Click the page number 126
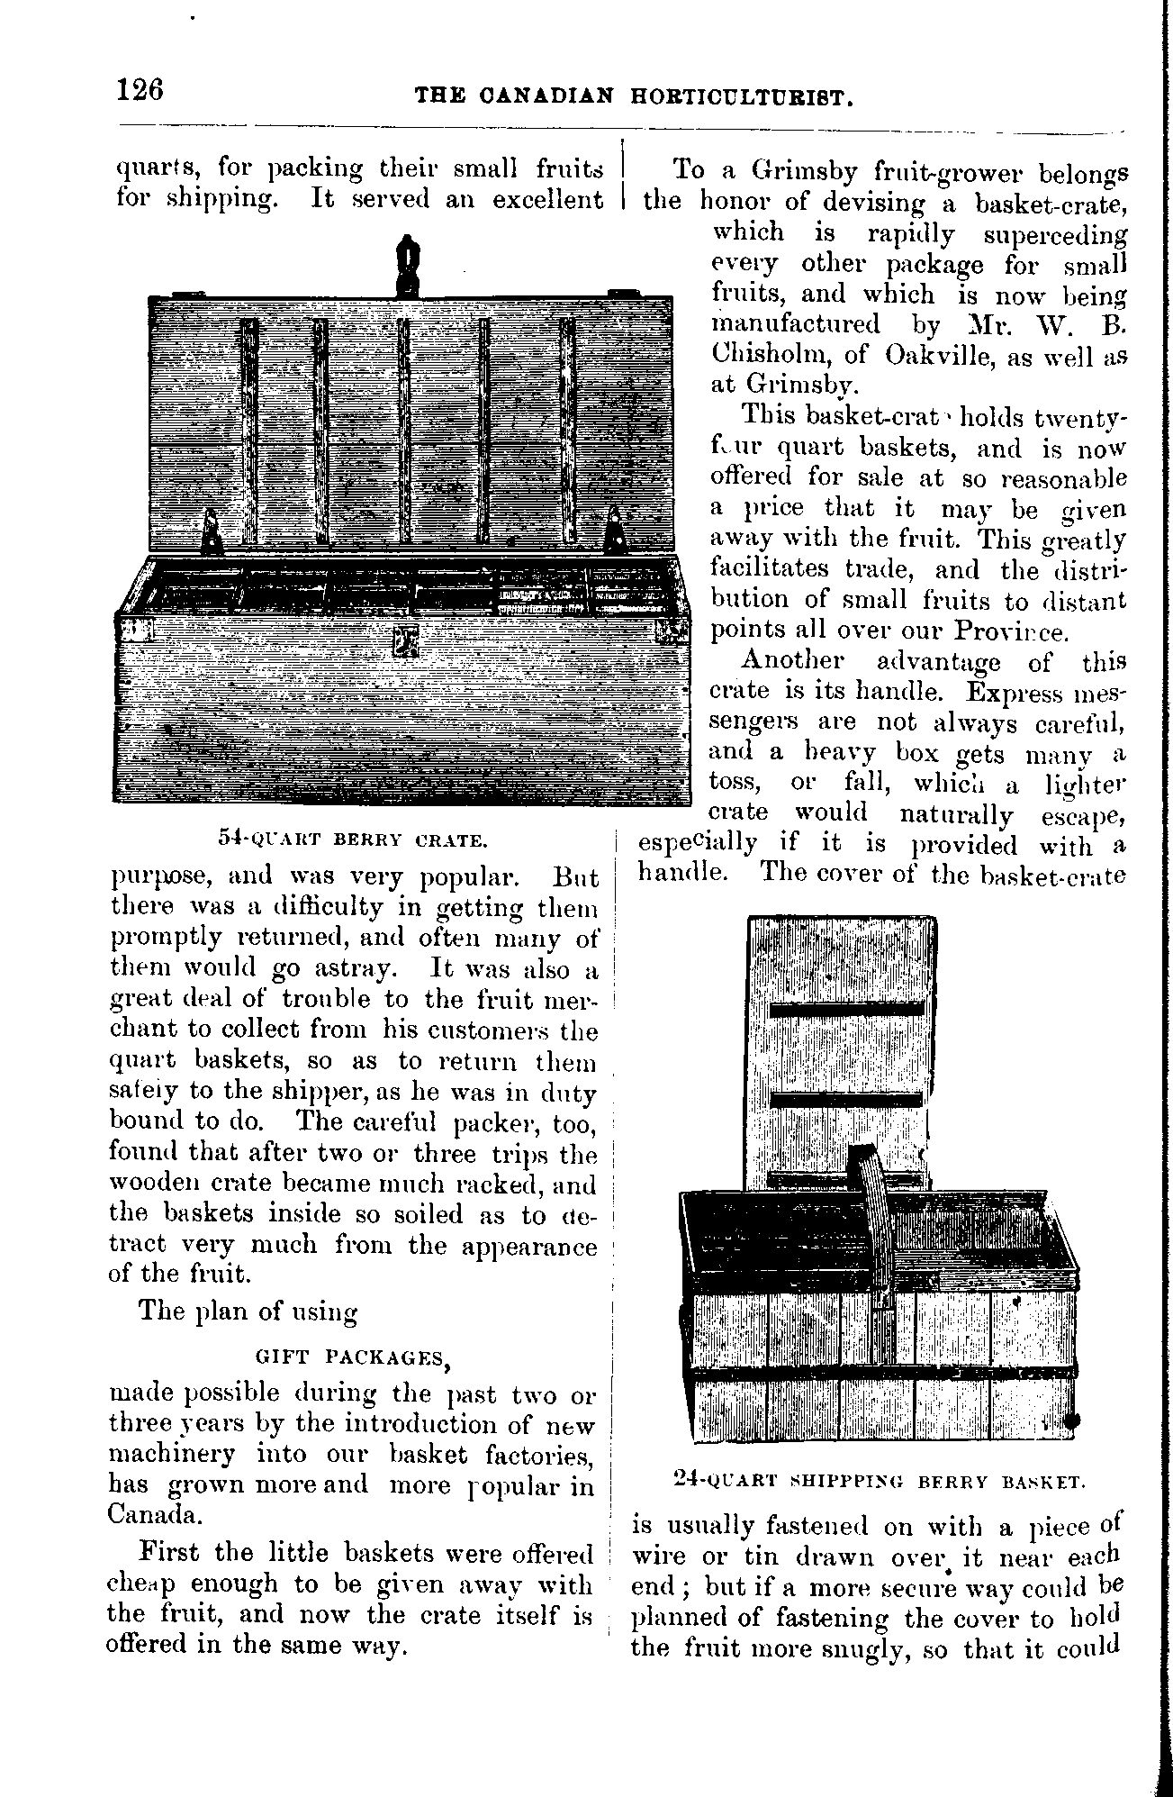140,91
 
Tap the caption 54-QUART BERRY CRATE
353,840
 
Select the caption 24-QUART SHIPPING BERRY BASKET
879,1479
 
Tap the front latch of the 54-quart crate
408,640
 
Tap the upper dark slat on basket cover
846,1009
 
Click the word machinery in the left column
171,1455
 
